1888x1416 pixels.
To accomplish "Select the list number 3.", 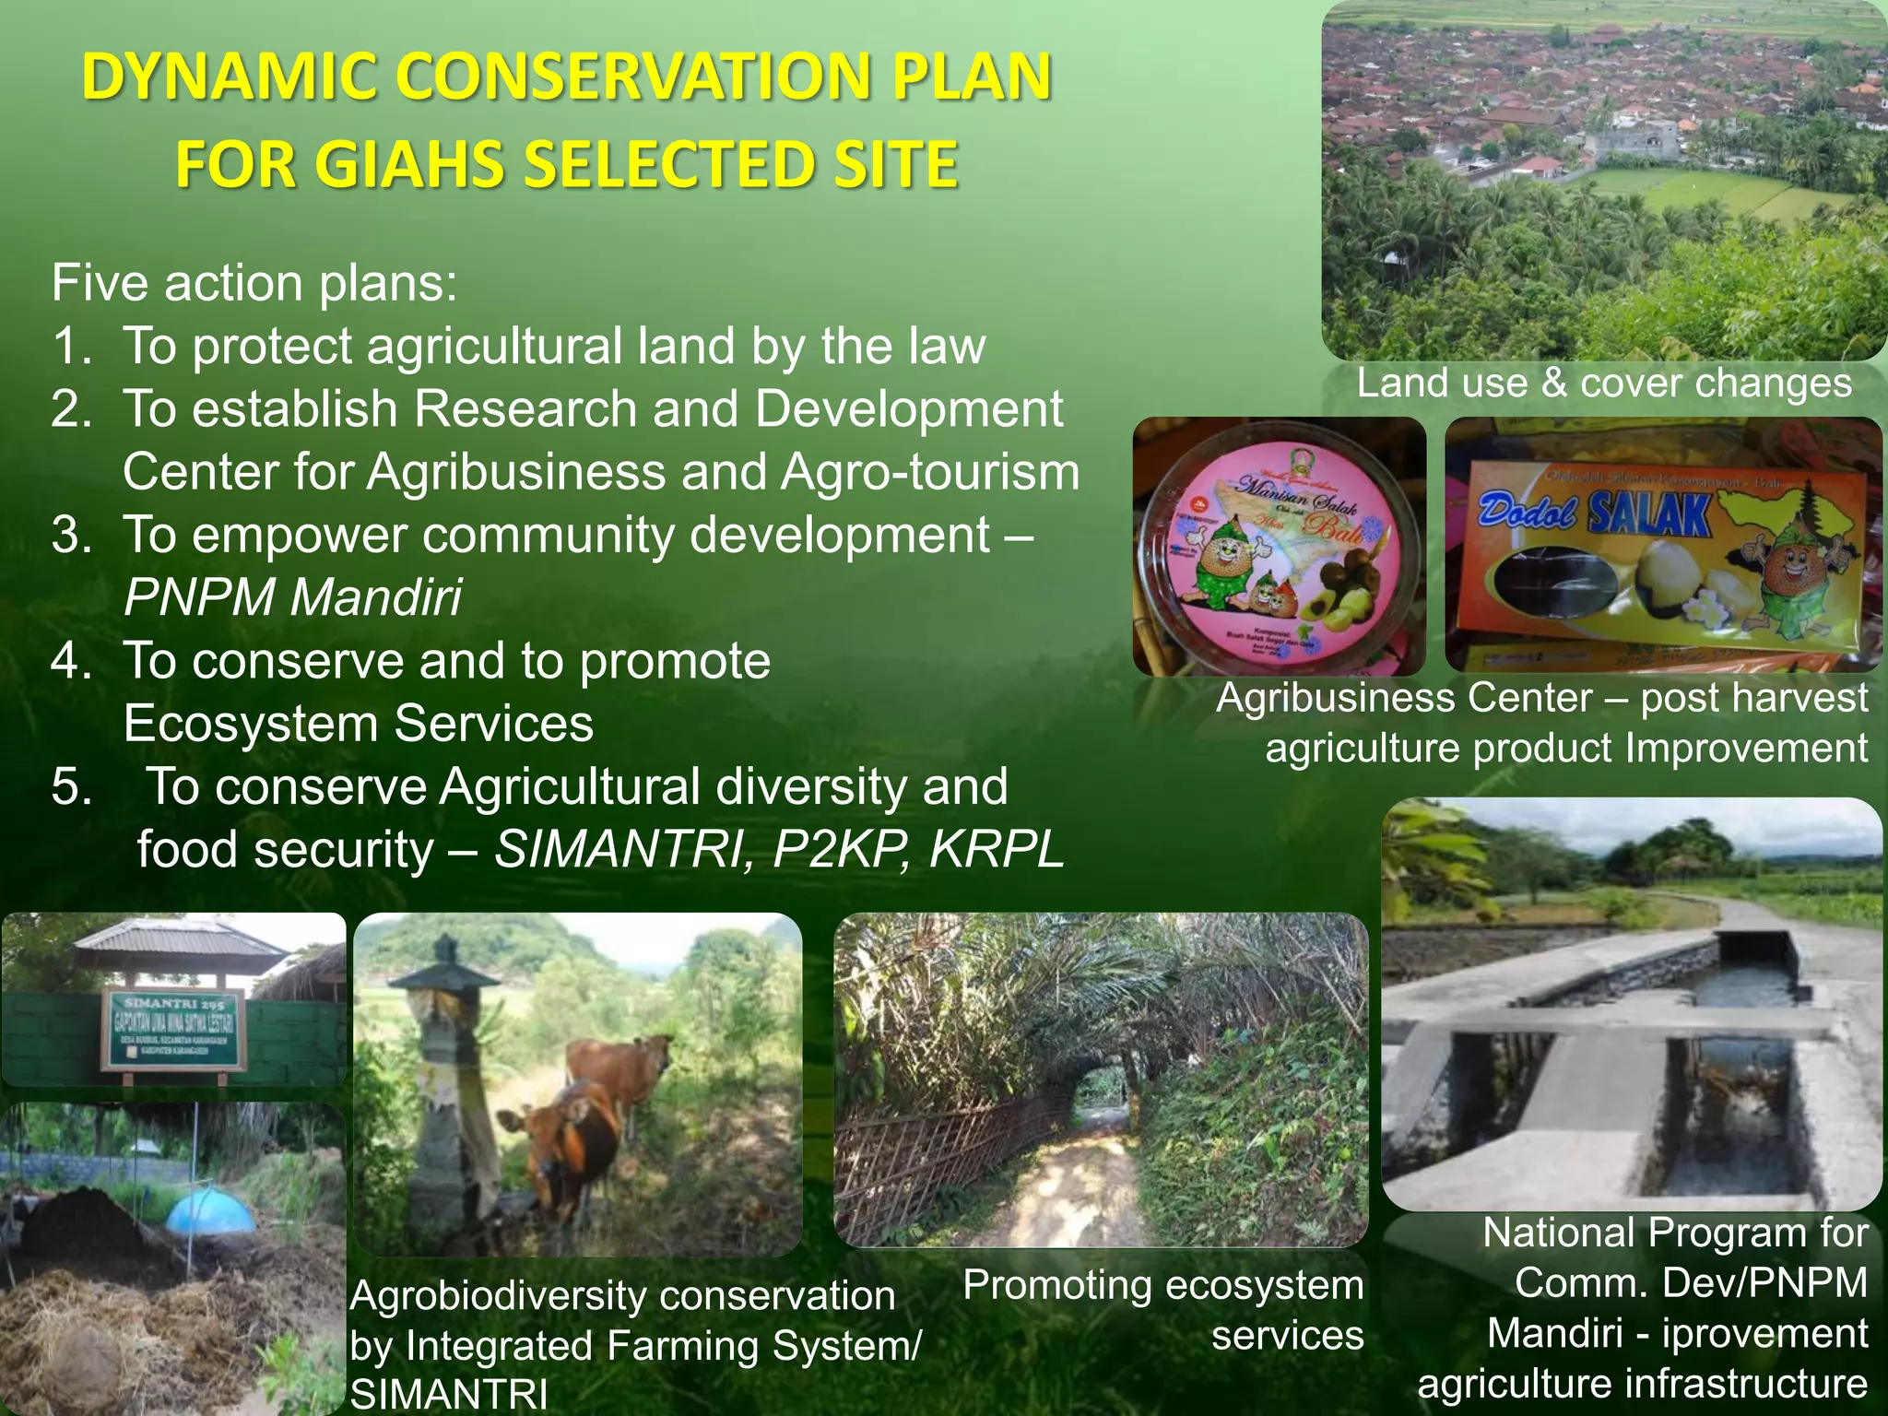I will (71, 536).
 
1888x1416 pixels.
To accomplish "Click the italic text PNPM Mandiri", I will (292, 597).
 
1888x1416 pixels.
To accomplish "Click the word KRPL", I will (997, 849).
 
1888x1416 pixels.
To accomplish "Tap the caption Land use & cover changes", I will (1603, 383).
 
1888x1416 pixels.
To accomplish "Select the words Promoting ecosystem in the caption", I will (1162, 1284).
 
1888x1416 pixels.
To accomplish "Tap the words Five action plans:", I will (254, 283).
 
